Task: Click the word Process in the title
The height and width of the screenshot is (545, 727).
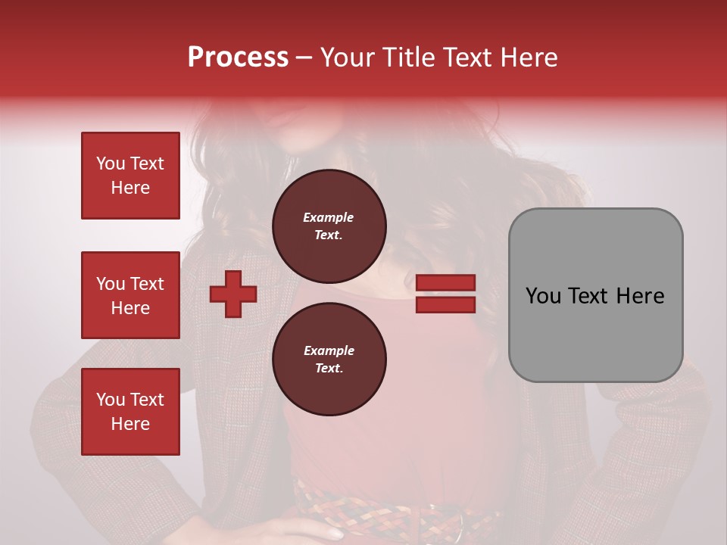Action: click(x=238, y=58)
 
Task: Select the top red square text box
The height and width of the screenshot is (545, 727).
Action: click(x=130, y=176)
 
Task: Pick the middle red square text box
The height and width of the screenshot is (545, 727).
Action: click(x=130, y=295)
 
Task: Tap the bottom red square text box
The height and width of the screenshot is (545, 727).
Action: click(x=130, y=411)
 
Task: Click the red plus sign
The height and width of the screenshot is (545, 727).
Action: click(x=233, y=294)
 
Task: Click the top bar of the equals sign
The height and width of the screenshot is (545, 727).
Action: click(x=445, y=283)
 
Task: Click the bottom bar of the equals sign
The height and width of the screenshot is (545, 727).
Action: click(x=445, y=304)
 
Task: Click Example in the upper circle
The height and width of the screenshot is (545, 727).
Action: click(x=328, y=217)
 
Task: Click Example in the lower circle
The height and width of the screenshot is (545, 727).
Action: click(x=329, y=350)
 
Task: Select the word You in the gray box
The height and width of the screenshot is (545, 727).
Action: click(x=543, y=296)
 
